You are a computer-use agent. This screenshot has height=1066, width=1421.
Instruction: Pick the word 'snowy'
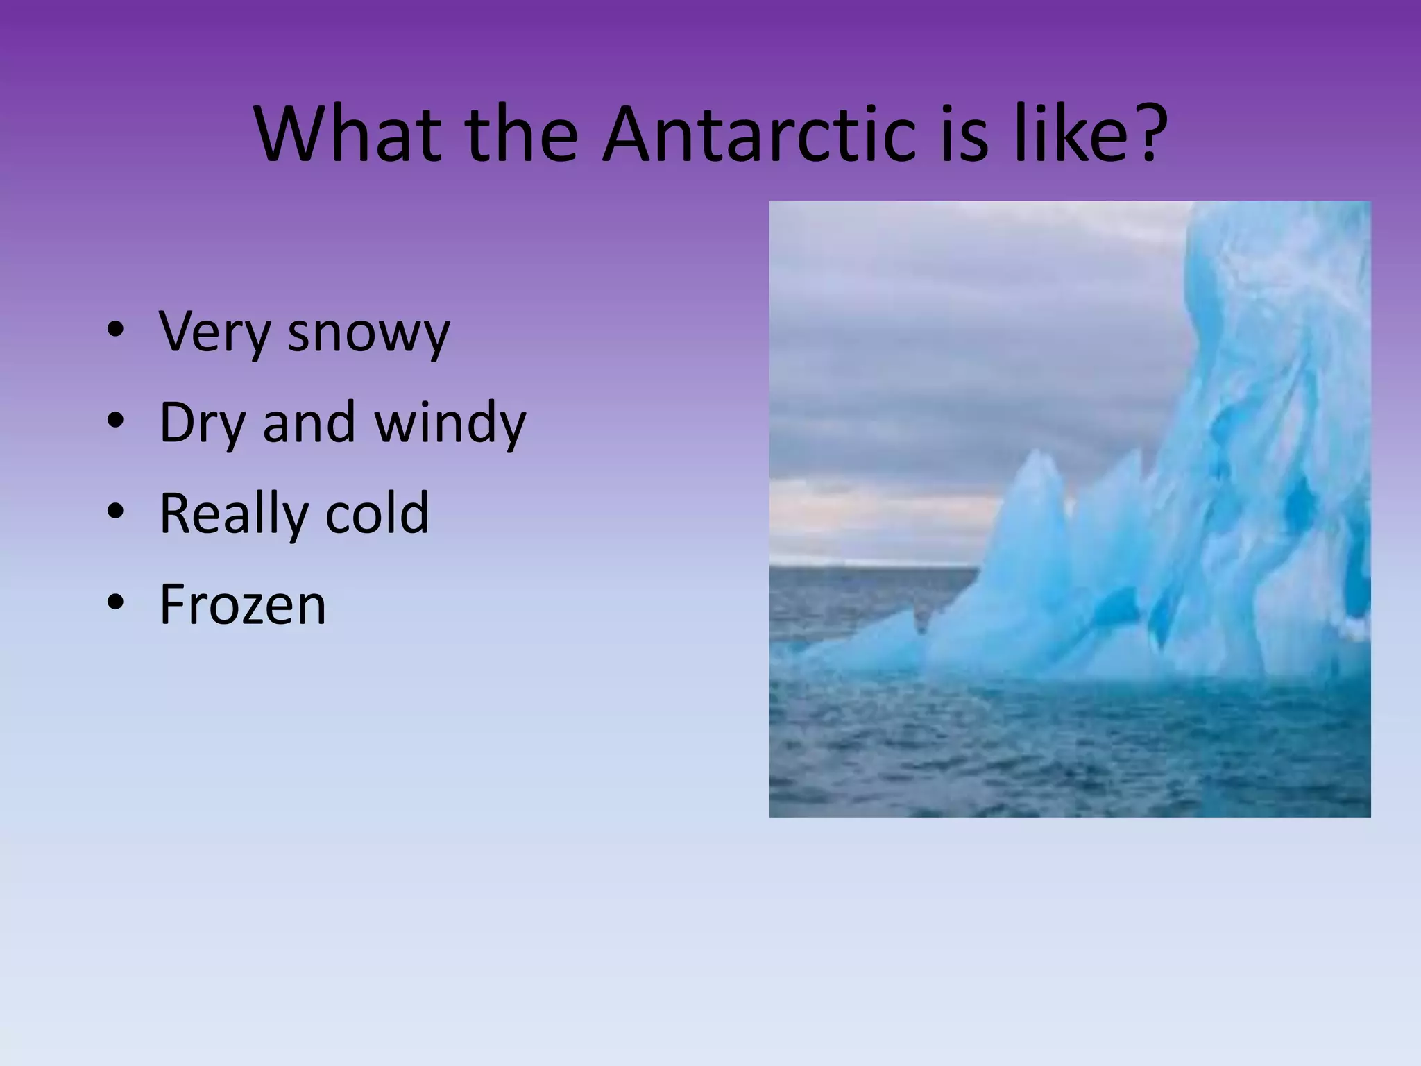pyautogui.click(x=368, y=333)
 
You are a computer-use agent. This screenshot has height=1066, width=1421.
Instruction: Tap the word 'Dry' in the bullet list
pyautogui.click(x=202, y=423)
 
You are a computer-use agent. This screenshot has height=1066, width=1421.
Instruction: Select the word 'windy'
pyautogui.click(x=450, y=423)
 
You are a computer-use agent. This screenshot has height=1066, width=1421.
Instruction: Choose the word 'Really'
pyautogui.click(x=233, y=514)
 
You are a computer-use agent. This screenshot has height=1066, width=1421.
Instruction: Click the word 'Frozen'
pyautogui.click(x=243, y=604)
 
